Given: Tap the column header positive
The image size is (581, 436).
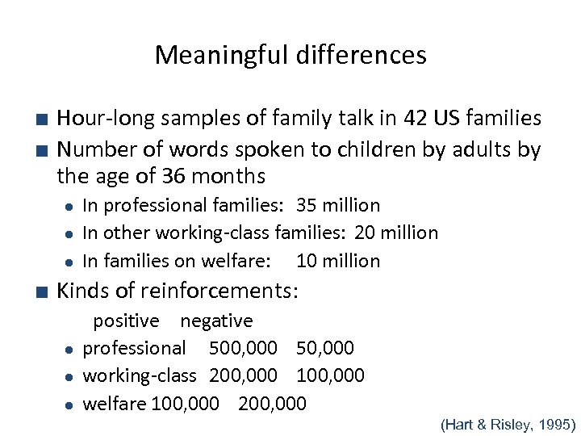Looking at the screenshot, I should point(126,321).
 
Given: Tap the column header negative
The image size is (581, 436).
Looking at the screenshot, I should point(216,321).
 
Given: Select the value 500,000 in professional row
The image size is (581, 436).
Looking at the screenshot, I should point(243,348).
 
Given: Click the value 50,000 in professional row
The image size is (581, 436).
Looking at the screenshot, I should point(325,348).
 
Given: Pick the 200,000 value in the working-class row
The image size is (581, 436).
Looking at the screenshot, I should point(243,375).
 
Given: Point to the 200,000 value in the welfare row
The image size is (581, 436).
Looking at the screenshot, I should point(272,403).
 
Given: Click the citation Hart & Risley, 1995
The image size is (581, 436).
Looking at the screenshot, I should point(508,422).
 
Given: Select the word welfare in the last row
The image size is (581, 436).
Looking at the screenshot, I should point(115,403).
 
